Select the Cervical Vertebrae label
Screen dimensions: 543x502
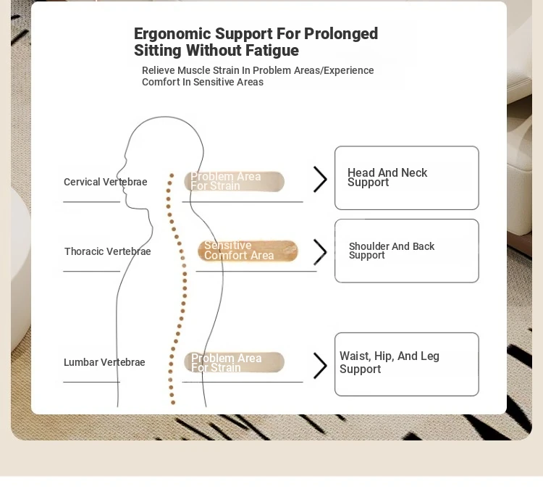point(105,182)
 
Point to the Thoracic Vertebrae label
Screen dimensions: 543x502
point(107,251)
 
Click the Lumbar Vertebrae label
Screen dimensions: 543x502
point(104,362)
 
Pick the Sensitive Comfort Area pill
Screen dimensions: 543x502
point(248,251)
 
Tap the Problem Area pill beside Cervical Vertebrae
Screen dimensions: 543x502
point(234,182)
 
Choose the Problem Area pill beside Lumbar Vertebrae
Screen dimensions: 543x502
point(234,362)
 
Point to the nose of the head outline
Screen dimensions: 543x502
point(117,174)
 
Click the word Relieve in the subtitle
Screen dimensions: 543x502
point(159,70)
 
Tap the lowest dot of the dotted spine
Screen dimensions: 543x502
point(173,402)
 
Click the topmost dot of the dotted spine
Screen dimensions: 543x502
point(172,175)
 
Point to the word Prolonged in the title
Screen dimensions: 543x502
point(341,34)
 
